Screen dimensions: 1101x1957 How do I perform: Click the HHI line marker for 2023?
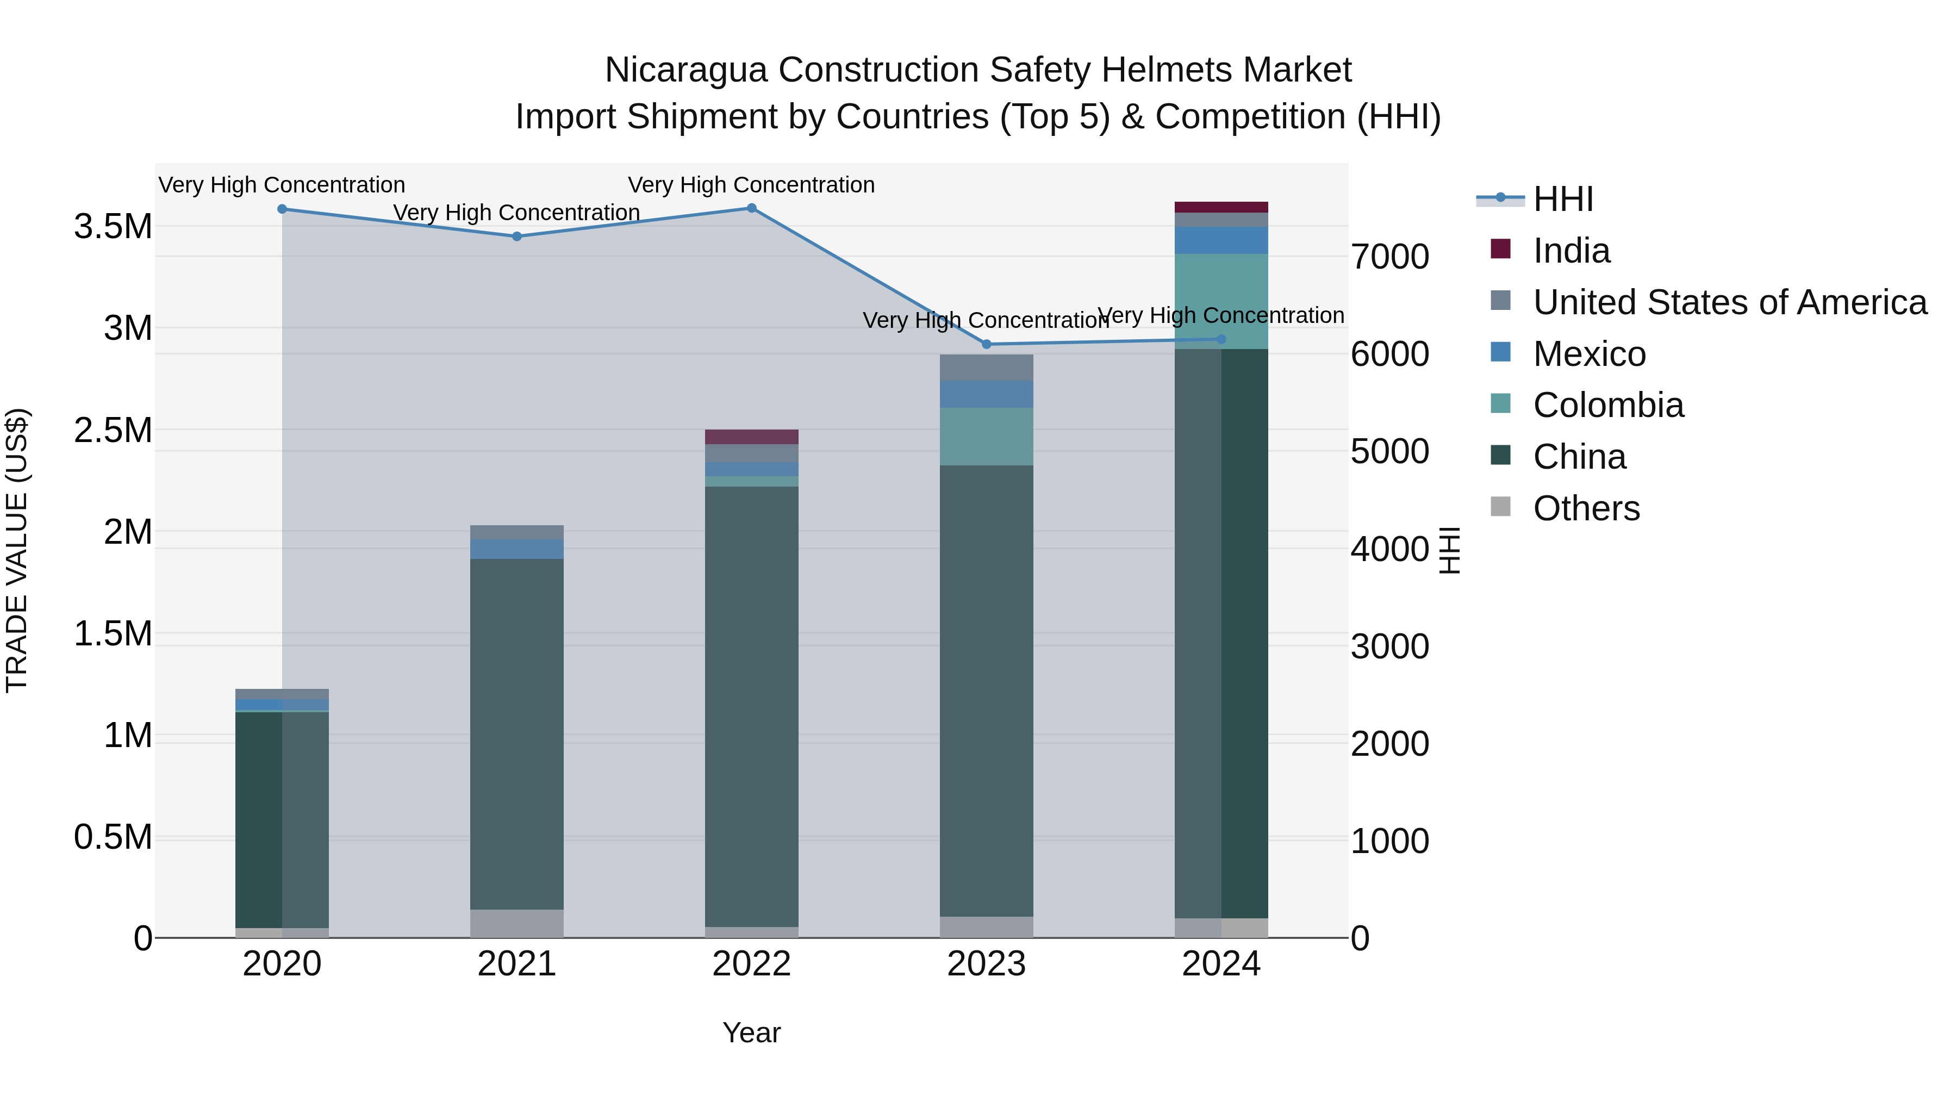pyautogui.click(x=986, y=344)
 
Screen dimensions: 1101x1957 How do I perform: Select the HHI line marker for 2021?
pyautogui.click(x=516, y=237)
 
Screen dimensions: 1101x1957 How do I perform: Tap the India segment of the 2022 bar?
pyautogui.click(x=751, y=437)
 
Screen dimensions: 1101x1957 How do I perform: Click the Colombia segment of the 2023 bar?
pyautogui.click(x=986, y=437)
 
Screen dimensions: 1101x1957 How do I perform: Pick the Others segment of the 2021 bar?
pyautogui.click(x=516, y=923)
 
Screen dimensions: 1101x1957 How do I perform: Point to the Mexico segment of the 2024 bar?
pyautogui.click(x=1221, y=240)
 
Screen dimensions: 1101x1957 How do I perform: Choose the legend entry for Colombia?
pyautogui.click(x=1607, y=405)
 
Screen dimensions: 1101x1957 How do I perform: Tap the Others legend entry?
pyautogui.click(x=1586, y=508)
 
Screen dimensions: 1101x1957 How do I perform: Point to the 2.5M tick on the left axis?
pyautogui.click(x=113, y=430)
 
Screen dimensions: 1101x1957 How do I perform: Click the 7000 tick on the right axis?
pyautogui.click(x=1389, y=257)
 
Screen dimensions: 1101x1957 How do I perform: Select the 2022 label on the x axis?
pyautogui.click(x=751, y=964)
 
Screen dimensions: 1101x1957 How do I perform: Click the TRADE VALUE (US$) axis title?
pyautogui.click(x=17, y=550)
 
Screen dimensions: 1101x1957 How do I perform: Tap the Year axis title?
pyautogui.click(x=751, y=1032)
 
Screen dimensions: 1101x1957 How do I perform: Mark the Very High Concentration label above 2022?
pyautogui.click(x=751, y=185)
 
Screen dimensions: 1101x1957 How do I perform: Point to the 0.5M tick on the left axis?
pyautogui.click(x=113, y=837)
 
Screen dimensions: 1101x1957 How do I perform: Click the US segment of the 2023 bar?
pyautogui.click(x=986, y=368)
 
